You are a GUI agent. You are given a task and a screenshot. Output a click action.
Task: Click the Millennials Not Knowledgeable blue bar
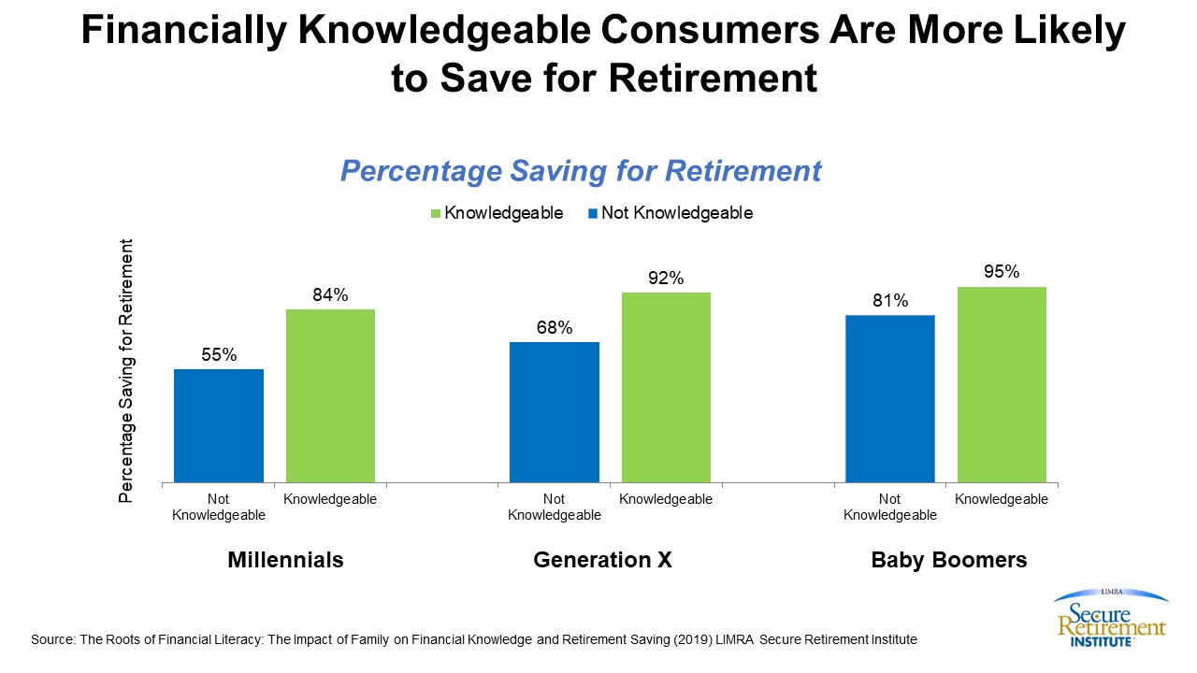point(219,425)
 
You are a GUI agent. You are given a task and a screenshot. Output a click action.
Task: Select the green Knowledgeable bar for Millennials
point(330,395)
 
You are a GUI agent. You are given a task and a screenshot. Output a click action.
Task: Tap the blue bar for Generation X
point(555,412)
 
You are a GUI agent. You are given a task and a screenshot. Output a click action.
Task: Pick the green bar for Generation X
point(666,387)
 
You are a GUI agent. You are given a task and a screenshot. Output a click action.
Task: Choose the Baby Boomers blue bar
point(890,398)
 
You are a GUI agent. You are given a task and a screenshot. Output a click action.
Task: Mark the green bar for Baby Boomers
point(1002,384)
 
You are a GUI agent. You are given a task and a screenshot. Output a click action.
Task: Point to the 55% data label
point(219,355)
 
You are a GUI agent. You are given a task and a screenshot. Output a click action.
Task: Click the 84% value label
point(330,295)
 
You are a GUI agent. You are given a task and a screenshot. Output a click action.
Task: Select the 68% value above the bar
point(555,328)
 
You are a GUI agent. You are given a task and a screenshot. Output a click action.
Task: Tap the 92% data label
point(666,279)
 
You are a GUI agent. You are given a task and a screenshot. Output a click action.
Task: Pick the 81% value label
point(890,301)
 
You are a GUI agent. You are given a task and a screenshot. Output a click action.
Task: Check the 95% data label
point(1002,273)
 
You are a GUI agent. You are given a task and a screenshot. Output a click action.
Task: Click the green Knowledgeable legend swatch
point(436,214)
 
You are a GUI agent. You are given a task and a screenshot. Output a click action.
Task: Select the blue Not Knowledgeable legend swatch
point(593,214)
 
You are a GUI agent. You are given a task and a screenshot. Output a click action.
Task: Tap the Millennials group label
point(286,560)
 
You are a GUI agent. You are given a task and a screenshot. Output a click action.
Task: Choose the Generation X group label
point(603,560)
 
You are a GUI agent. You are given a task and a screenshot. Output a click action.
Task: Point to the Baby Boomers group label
point(949,560)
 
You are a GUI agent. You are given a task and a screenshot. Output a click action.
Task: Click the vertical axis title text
point(127,371)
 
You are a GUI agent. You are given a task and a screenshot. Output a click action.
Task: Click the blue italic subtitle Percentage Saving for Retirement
point(581,171)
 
